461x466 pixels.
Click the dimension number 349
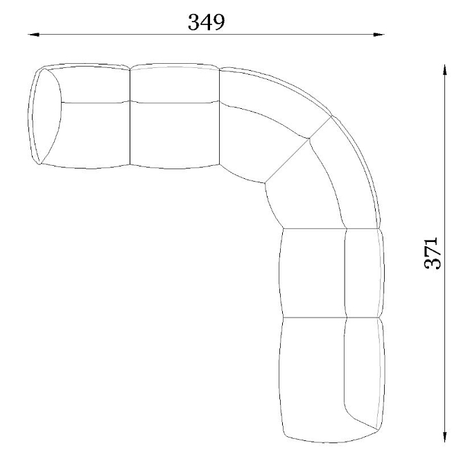tap(206, 22)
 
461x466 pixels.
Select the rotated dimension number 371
tap(431, 253)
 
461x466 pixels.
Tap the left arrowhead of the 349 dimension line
tap(33, 35)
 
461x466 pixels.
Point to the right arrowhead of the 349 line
tap(379, 35)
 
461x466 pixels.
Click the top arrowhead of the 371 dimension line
tap(444, 70)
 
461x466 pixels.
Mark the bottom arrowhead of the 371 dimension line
tap(444, 437)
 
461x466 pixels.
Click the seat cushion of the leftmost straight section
tap(95, 135)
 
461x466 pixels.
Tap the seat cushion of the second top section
tap(175, 135)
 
